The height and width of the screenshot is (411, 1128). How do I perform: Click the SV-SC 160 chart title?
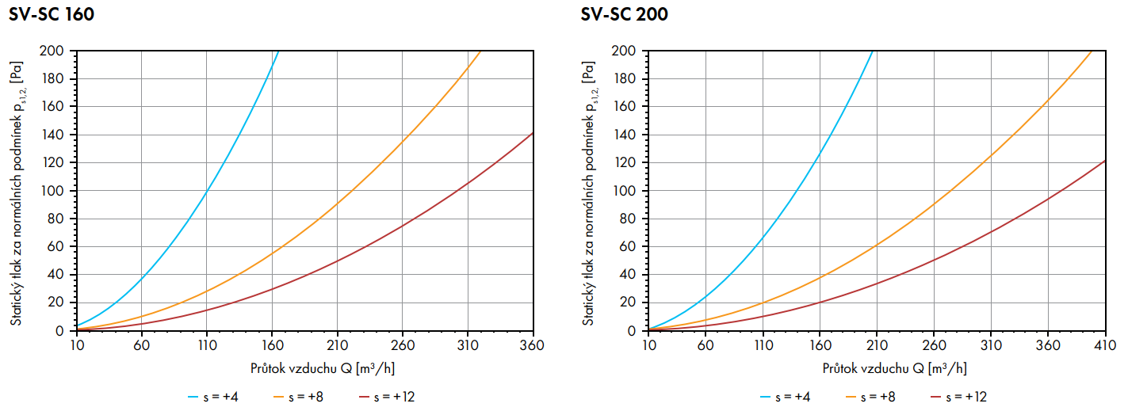point(52,14)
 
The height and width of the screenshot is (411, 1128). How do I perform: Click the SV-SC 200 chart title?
point(624,14)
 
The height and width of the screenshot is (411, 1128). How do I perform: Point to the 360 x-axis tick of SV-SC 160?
point(532,345)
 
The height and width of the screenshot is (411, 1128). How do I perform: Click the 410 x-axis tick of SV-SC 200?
point(1104,345)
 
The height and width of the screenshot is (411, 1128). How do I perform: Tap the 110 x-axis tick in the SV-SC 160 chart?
point(206,345)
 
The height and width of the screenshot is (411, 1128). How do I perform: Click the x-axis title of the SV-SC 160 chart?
point(323,368)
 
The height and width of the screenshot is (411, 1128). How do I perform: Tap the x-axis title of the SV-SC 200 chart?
point(895,368)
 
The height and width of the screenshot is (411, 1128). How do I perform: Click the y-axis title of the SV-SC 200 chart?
point(590,190)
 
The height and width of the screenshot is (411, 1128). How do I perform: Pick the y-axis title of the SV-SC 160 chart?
point(17,190)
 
